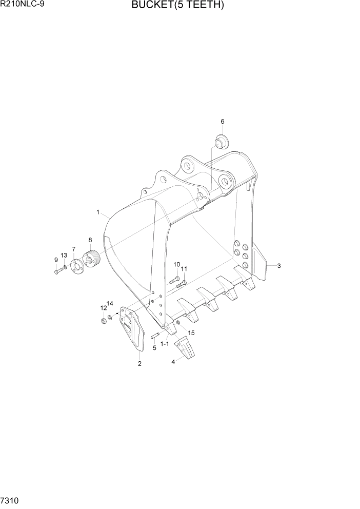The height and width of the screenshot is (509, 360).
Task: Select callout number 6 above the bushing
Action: coord(223,122)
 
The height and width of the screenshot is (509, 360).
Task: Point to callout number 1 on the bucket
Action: coord(97,211)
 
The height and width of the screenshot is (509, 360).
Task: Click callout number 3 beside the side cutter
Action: coord(278,266)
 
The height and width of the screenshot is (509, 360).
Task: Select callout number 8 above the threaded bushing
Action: coord(90,240)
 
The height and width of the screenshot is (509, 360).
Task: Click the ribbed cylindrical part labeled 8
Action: coord(92,258)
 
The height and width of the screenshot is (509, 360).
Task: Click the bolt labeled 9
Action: coord(57,270)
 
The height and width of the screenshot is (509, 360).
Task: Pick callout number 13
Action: coord(64,255)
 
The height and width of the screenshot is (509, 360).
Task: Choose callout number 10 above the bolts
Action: coord(176,264)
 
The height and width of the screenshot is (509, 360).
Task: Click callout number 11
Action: coord(184,269)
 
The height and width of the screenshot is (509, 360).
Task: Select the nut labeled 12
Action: coord(104,322)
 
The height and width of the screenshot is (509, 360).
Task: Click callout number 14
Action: coord(110,304)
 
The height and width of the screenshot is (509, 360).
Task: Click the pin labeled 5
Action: coord(156,336)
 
